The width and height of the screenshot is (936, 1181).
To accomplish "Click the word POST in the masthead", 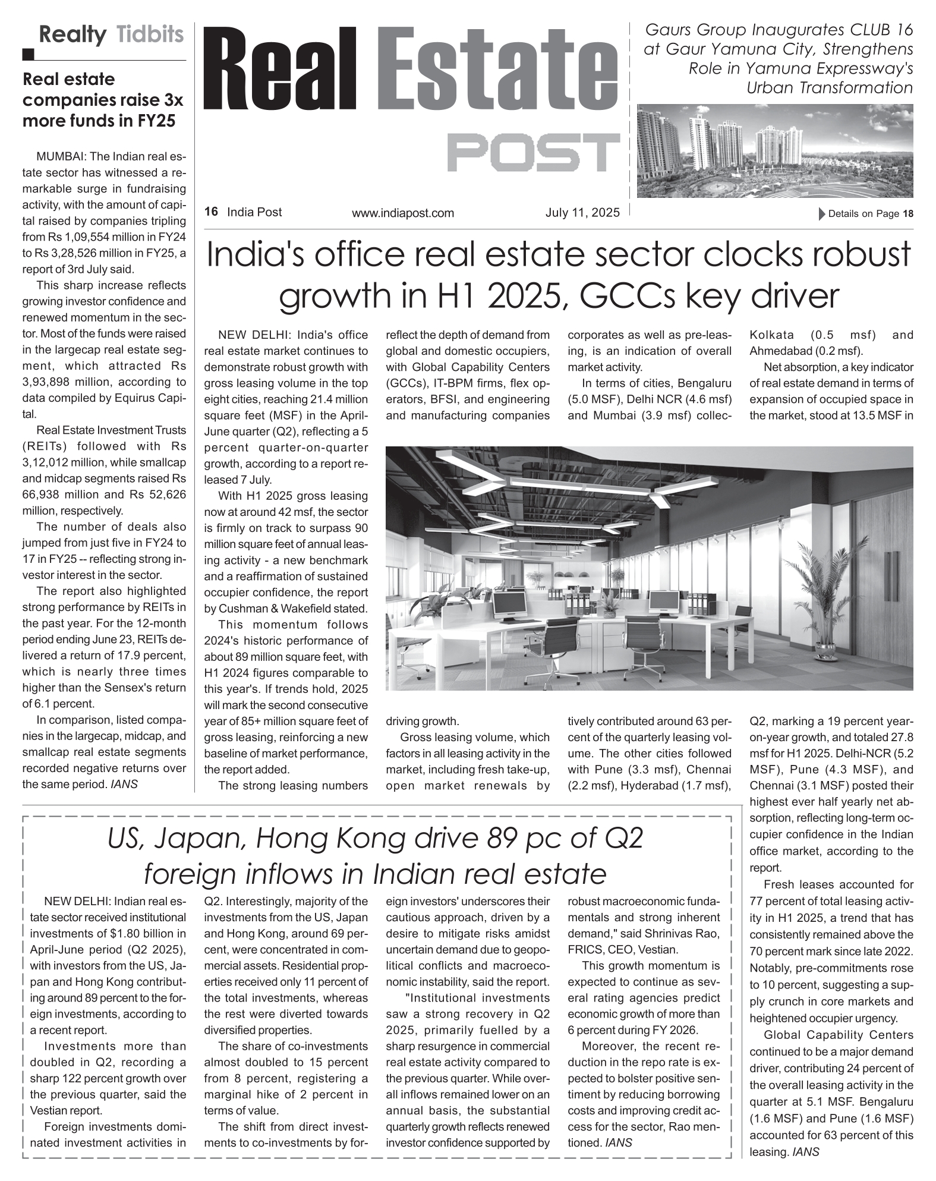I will click(532, 152).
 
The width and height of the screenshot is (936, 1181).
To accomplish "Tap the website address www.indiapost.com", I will click(402, 213).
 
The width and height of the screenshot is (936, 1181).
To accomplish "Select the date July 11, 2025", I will click(582, 212).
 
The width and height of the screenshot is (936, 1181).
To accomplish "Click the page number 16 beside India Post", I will click(211, 212).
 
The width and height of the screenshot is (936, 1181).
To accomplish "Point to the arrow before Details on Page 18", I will click(822, 214).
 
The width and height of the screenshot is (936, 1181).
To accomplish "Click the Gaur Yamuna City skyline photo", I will click(774, 151).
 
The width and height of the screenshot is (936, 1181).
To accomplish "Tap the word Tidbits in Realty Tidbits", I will click(150, 34).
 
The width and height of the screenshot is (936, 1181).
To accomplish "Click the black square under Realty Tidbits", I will click(29, 55).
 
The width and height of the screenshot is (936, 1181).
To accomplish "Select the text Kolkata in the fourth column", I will click(771, 335).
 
